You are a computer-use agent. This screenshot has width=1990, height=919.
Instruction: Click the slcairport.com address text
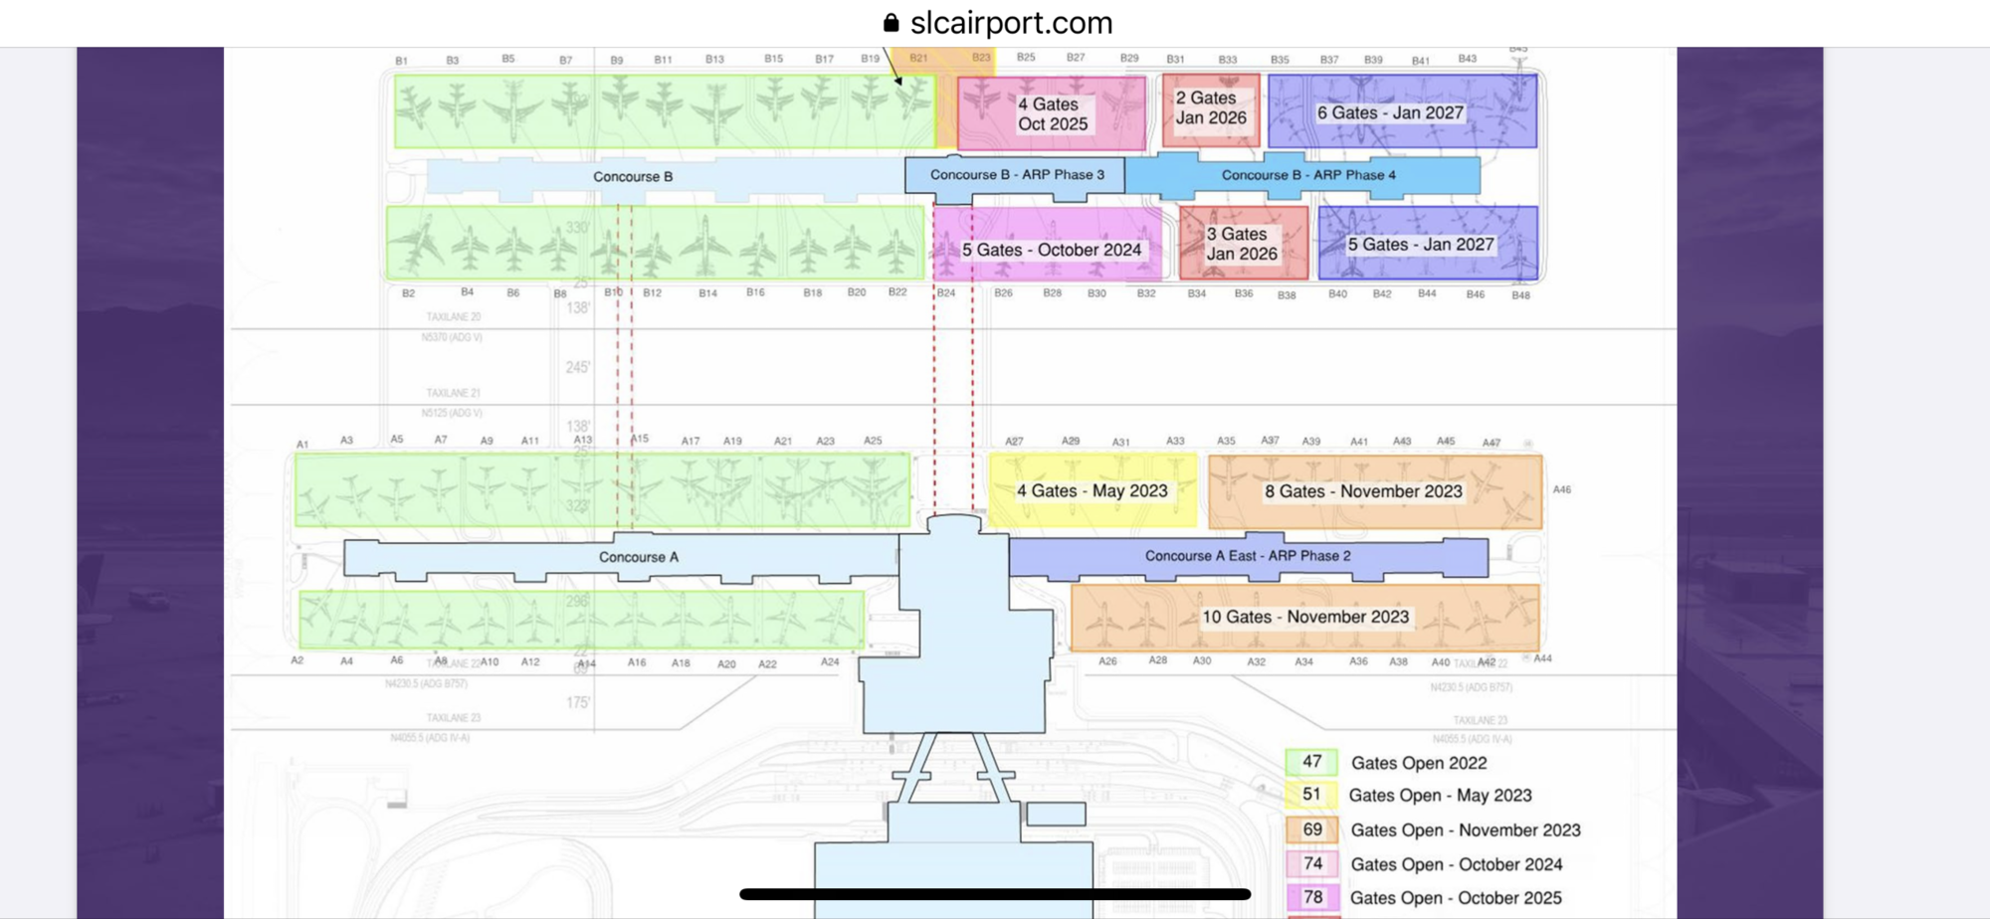pyautogui.click(x=1011, y=22)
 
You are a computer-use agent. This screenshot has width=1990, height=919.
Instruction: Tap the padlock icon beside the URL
pyautogui.click(x=891, y=22)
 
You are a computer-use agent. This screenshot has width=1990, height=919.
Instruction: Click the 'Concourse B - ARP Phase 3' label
pyautogui.click(x=1017, y=174)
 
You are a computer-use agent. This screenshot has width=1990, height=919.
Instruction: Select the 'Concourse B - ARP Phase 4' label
pyautogui.click(x=1307, y=175)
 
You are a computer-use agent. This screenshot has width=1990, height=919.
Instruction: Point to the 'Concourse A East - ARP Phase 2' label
pyautogui.click(x=1247, y=556)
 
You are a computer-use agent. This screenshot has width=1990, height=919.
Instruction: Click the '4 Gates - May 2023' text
pyautogui.click(x=1092, y=491)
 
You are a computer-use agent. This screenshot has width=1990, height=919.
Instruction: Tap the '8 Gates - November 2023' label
pyautogui.click(x=1362, y=491)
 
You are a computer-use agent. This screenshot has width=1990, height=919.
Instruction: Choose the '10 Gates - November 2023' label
pyautogui.click(x=1304, y=617)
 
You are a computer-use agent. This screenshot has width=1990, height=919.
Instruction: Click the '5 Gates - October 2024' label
pyautogui.click(x=1051, y=250)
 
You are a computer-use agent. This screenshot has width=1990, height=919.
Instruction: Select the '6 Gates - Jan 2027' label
pyautogui.click(x=1390, y=112)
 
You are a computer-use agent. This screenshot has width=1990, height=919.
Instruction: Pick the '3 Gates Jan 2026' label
pyautogui.click(x=1241, y=244)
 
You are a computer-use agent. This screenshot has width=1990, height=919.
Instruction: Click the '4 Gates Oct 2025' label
pyautogui.click(x=1052, y=113)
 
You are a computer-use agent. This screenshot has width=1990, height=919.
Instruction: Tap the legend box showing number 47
pyautogui.click(x=1311, y=762)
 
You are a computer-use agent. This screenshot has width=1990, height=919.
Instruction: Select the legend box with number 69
pyautogui.click(x=1311, y=829)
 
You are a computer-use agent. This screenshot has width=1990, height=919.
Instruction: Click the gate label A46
pyautogui.click(x=1561, y=489)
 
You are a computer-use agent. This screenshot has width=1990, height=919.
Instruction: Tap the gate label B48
pyautogui.click(x=1519, y=295)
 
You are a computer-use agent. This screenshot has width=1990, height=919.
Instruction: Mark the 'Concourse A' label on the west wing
pyautogui.click(x=638, y=557)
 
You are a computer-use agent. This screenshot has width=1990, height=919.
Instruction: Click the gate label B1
pyautogui.click(x=401, y=61)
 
